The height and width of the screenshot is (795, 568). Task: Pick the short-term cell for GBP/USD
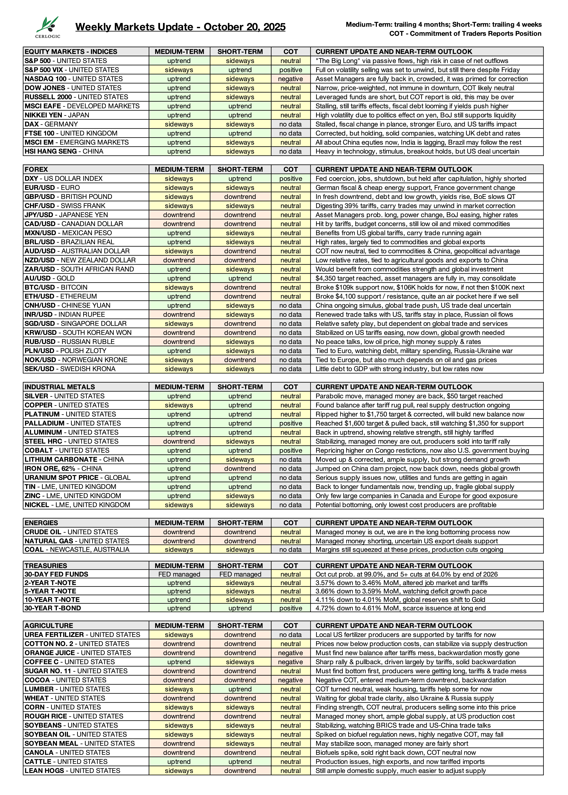click(240, 197)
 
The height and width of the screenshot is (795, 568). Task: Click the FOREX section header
click(36, 169)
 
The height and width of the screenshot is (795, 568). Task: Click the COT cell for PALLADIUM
click(290, 423)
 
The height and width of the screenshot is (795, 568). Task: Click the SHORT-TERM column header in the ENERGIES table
click(240, 523)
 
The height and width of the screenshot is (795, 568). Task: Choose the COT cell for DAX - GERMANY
click(290, 124)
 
